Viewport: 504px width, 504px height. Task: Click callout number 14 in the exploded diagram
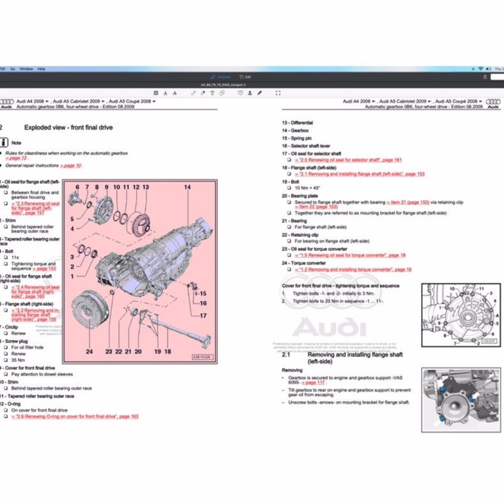coord(188,187)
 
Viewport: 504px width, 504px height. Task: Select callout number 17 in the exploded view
coord(202,316)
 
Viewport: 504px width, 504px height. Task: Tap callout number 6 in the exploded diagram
coord(78,187)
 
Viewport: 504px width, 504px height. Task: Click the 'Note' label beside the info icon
coord(17,143)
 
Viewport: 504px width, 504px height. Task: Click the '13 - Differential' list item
coord(298,122)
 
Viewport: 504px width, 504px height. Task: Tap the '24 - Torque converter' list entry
coord(304,263)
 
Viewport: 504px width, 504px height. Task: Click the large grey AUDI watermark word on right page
coord(330,328)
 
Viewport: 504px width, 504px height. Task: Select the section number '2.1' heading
coord(286,354)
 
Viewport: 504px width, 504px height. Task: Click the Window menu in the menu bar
coord(26,68)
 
